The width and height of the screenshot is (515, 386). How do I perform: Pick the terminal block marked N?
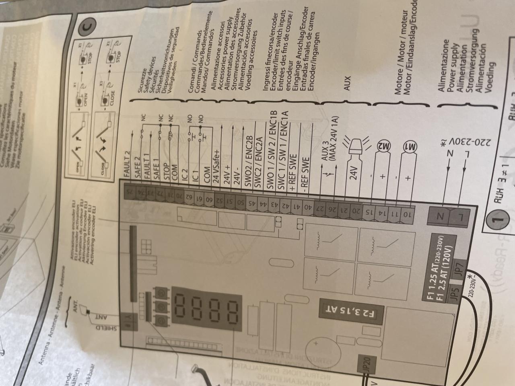441,216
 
